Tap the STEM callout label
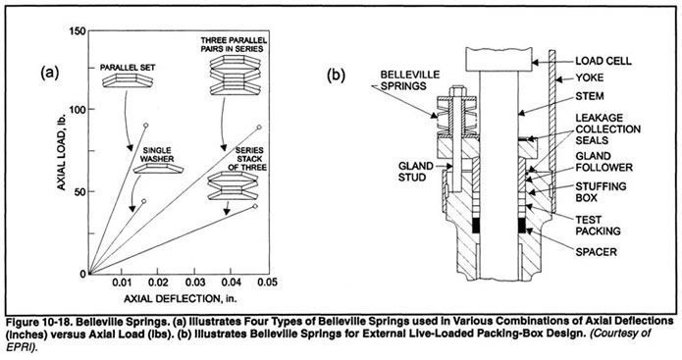[x=587, y=97]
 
